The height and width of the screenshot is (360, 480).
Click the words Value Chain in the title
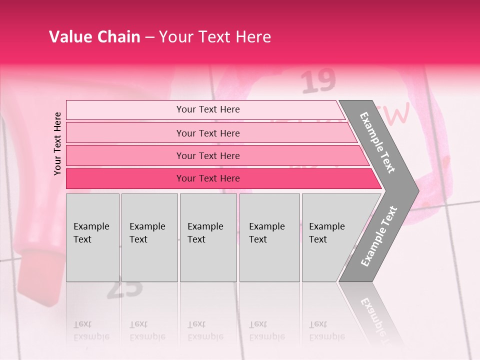pyautogui.click(x=94, y=36)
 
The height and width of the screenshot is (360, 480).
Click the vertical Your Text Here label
pyautogui.click(x=57, y=143)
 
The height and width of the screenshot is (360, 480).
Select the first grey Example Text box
pyautogui.click(x=92, y=237)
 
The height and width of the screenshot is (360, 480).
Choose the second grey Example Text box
pyautogui.click(x=149, y=237)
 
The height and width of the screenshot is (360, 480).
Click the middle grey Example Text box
pyautogui.click(x=208, y=237)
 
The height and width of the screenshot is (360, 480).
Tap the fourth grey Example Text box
pyautogui.click(x=269, y=237)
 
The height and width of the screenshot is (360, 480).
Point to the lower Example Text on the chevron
pyautogui.click(x=378, y=236)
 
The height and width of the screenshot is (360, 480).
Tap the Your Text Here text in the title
pyautogui.click(x=215, y=36)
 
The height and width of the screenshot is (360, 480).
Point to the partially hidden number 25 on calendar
pyautogui.click(x=125, y=289)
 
